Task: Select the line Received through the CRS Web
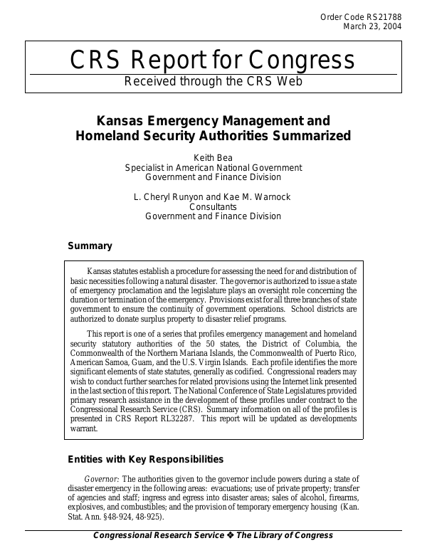213,81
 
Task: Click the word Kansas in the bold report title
121,120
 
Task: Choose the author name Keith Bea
213,157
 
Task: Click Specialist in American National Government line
213,167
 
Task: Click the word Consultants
213,206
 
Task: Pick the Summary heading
90,246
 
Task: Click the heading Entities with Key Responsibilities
145,459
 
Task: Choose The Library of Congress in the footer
284,535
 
